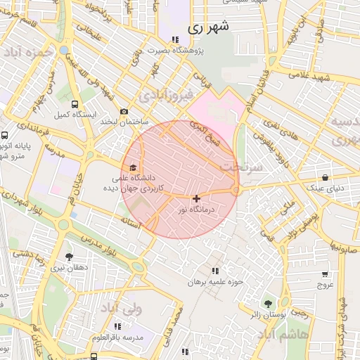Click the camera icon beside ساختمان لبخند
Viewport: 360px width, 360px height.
pos(124,111)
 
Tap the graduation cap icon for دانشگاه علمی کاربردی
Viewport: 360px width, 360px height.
pos(133,167)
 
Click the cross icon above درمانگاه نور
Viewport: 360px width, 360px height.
pos(196,199)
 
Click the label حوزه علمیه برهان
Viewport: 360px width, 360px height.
pos(214,281)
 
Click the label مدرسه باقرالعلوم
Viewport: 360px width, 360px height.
pos(117,337)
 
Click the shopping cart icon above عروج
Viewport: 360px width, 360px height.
pos(325,274)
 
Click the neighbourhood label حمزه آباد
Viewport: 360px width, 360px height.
pos(27,53)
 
